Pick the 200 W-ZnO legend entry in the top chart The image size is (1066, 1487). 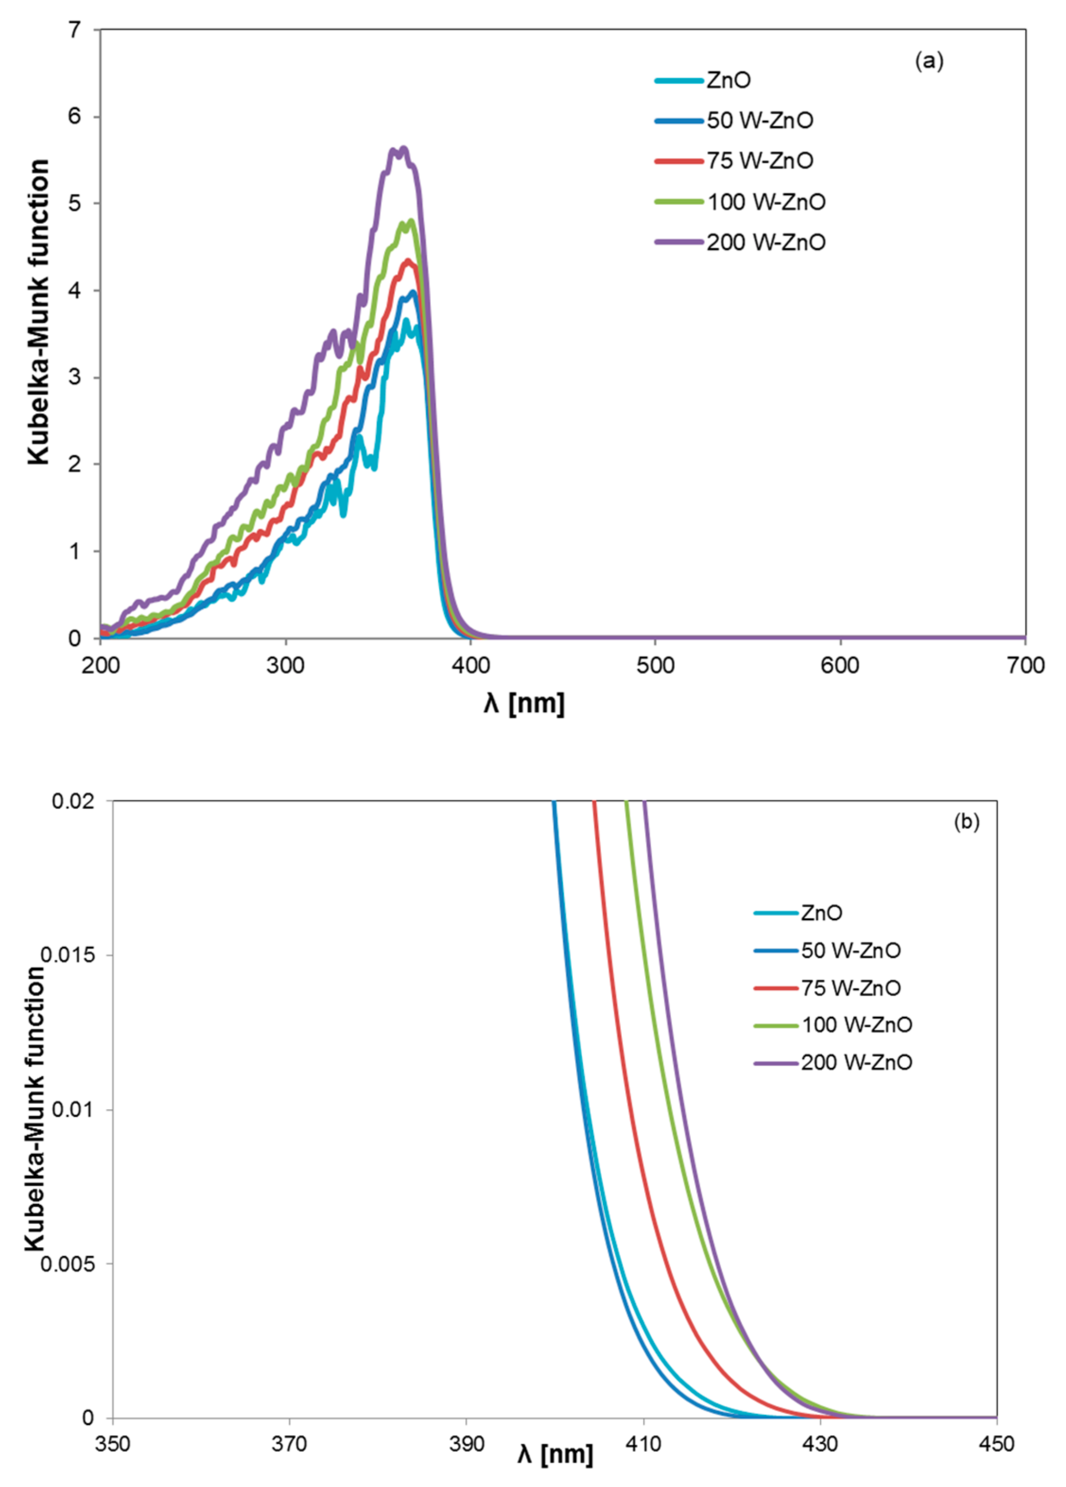pos(765,242)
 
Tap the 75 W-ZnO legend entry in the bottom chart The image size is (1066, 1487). pos(850,988)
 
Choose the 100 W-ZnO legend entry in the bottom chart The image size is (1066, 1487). pos(856,1025)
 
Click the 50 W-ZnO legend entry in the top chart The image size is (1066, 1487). pos(759,121)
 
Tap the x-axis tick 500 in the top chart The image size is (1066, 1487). pos(655,666)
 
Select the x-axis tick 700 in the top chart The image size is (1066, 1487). pos(1025,666)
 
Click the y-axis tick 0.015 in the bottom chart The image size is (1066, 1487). pos(68,955)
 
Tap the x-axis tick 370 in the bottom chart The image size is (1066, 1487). pos(289,1443)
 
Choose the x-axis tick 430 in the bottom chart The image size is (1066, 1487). pos(820,1443)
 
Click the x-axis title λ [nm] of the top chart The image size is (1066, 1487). pos(524,703)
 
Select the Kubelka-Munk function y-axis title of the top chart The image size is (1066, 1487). pos(39,311)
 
